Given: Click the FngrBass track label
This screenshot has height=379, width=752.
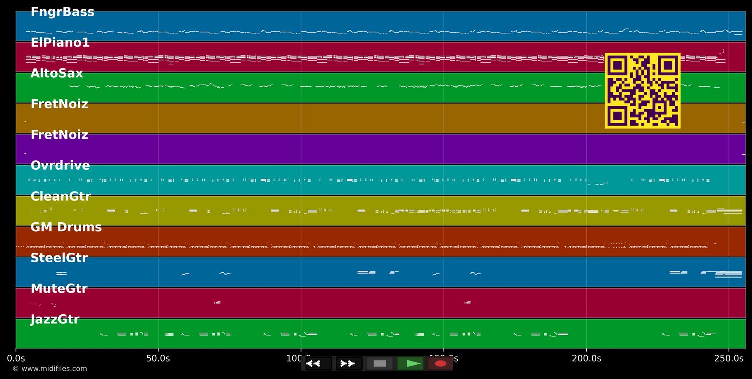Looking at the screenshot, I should click(62, 12).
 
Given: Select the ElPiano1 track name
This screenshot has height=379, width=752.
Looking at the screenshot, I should click(60, 43).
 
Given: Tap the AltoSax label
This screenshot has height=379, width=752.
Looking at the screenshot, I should click(56, 74).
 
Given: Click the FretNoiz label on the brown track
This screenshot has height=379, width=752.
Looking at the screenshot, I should click(59, 104).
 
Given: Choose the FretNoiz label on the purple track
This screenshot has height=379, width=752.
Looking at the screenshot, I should click(59, 135).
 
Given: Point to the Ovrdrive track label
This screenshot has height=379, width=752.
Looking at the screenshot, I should click(60, 166).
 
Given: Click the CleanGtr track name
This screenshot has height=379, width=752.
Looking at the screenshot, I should click(60, 197).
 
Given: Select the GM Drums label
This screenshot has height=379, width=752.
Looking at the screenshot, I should click(66, 227).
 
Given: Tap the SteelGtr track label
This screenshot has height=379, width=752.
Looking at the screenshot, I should click(59, 258).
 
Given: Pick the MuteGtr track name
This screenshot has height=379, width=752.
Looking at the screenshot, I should click(58, 289).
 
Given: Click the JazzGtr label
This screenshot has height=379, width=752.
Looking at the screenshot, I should click(55, 320).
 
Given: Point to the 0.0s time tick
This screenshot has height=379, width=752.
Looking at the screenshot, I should click(16, 358).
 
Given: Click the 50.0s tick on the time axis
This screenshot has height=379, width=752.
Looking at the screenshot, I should click(158, 358).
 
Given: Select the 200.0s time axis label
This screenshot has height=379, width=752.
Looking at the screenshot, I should click(586, 358).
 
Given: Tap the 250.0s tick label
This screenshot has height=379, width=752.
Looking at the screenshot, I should click(728, 358).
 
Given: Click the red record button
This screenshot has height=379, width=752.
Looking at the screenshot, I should click(440, 364).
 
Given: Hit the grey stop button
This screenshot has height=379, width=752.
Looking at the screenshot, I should click(380, 364).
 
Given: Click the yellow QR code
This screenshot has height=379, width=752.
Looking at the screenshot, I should click(642, 90).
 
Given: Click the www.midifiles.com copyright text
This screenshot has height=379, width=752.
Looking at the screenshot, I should click(50, 369).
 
